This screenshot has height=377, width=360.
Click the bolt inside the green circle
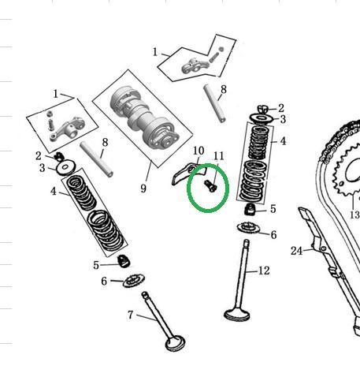210,185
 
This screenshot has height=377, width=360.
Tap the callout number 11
218,156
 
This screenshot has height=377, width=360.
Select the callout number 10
199,151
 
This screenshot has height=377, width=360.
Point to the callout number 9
143,188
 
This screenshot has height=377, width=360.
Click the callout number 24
297,251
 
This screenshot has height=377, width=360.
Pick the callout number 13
354,215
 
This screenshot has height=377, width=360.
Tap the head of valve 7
175,343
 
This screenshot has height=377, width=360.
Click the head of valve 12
236,315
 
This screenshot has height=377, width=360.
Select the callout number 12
264,271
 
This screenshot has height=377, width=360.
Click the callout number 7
131,315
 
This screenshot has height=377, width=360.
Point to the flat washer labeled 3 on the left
65,166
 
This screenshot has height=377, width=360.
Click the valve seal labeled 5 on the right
251,210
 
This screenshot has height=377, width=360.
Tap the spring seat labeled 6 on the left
134,281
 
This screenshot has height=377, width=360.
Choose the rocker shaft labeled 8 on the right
214,103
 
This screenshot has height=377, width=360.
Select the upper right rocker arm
193,66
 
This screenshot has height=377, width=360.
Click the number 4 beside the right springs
283,141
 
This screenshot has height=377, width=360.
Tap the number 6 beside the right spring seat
273,235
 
